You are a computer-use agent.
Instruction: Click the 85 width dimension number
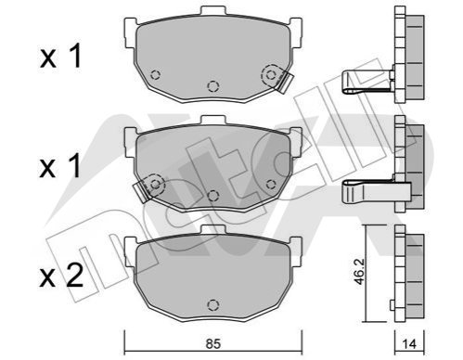[213, 343]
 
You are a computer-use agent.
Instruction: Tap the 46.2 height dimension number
[360, 272]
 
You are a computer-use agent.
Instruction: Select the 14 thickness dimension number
[409, 344]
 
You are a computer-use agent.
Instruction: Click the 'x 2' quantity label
[61, 276]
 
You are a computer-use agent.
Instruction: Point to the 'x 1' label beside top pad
[60, 56]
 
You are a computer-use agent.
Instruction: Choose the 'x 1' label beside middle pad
[60, 166]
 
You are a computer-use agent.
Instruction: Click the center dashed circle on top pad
[212, 86]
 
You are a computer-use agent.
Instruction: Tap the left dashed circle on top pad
[155, 75]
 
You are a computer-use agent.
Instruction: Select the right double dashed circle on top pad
[271, 75]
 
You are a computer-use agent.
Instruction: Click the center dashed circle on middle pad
[212, 196]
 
